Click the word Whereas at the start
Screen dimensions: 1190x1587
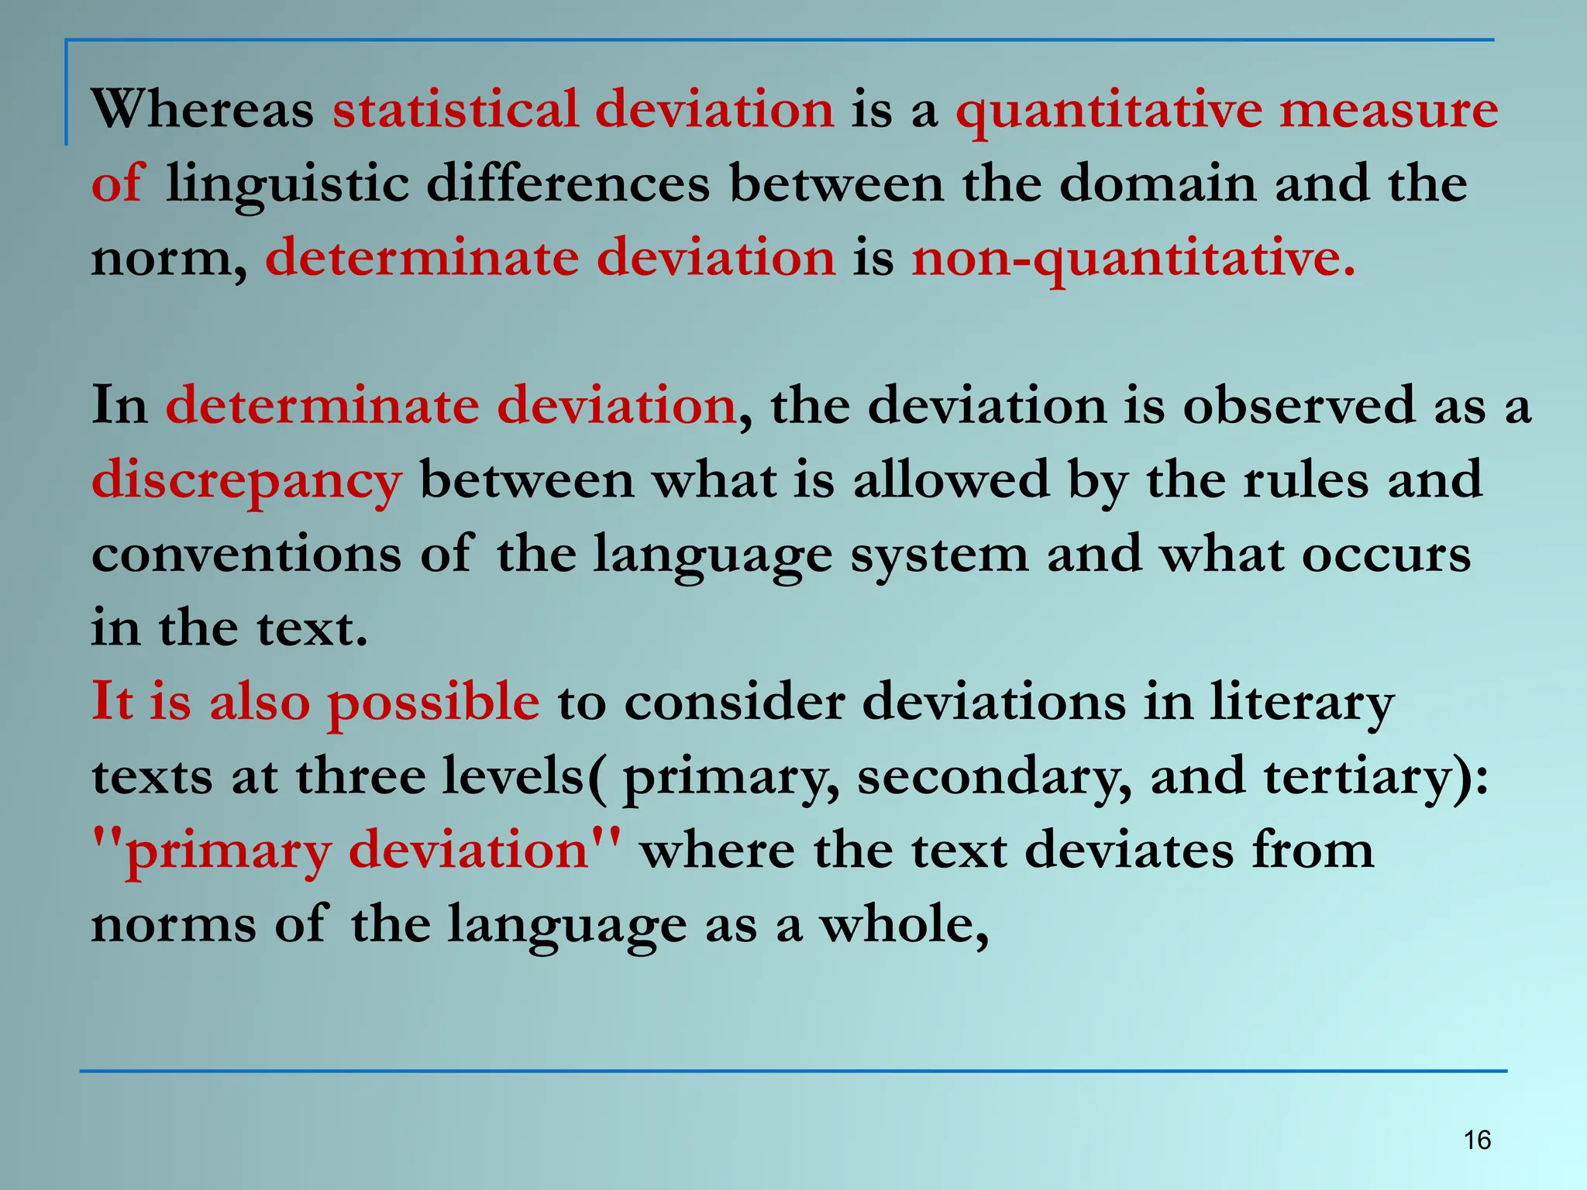[x=202, y=109]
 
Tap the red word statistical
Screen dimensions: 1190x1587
[x=456, y=109]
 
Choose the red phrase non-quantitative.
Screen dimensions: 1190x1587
[x=1133, y=259]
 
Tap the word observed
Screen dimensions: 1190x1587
[x=1299, y=406]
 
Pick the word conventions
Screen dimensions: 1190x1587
[x=246, y=555]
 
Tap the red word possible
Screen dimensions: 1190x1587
[x=433, y=703]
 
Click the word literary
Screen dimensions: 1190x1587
[x=1302, y=703]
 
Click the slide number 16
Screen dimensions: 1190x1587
[x=1477, y=1140]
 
